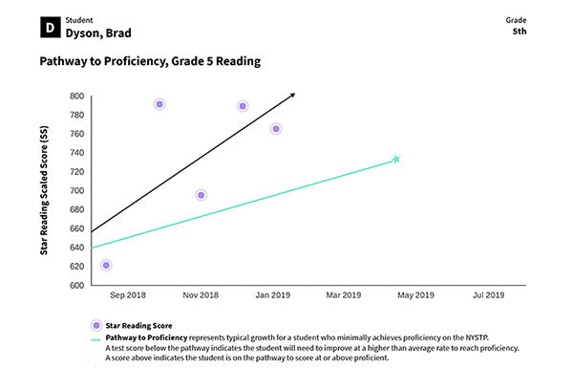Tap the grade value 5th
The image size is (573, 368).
520,31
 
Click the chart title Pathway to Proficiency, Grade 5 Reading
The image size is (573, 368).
150,62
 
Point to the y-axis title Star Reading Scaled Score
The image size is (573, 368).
44,190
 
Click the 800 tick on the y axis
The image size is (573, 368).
76,97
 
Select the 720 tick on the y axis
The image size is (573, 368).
76,172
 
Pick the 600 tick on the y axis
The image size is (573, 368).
76,286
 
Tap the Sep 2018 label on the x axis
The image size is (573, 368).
128,296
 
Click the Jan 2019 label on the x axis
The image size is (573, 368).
273,296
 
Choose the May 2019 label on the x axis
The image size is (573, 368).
415,296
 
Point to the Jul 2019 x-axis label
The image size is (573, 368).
487,296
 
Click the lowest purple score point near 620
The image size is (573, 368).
106,265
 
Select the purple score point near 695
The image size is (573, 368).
201,195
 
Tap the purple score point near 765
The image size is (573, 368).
276,129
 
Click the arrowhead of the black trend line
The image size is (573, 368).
292,95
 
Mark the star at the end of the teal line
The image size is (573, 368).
395,160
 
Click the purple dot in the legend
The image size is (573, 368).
95,326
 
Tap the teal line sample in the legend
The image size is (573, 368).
95,338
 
